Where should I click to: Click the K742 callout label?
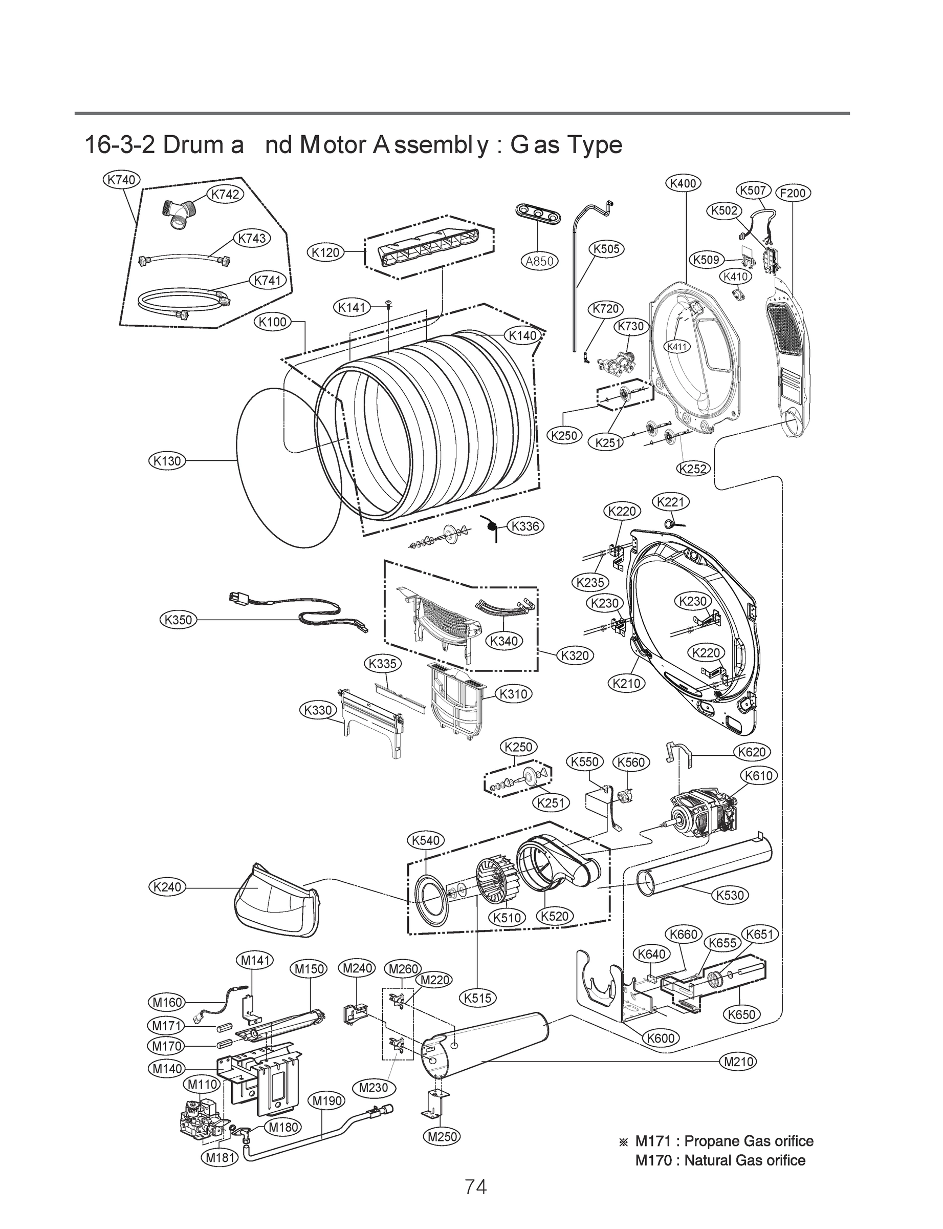[225, 195]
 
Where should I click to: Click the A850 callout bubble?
[539, 261]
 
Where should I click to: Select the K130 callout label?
[167, 461]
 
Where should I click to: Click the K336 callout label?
[525, 526]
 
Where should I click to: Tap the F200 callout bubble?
[793, 193]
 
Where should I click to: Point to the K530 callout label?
[730, 895]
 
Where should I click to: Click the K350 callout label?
[178, 620]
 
